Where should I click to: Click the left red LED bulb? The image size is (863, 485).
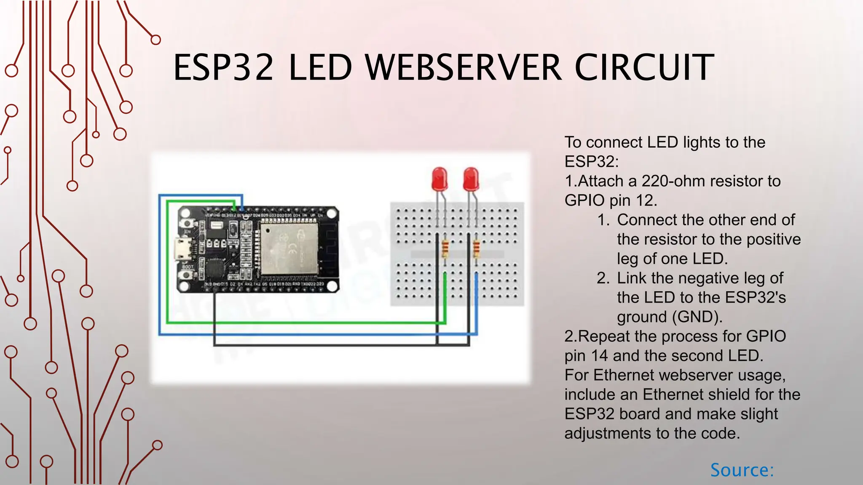[440, 179]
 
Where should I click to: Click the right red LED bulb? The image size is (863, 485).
[471, 179]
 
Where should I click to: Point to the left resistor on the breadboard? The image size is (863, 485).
[445, 249]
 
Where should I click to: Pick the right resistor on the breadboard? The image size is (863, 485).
[477, 249]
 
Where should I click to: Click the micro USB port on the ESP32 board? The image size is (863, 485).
[183, 248]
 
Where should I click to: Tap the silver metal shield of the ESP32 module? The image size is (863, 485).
[289, 248]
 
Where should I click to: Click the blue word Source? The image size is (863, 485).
[742, 470]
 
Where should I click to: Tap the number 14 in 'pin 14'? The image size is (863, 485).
[600, 356]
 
